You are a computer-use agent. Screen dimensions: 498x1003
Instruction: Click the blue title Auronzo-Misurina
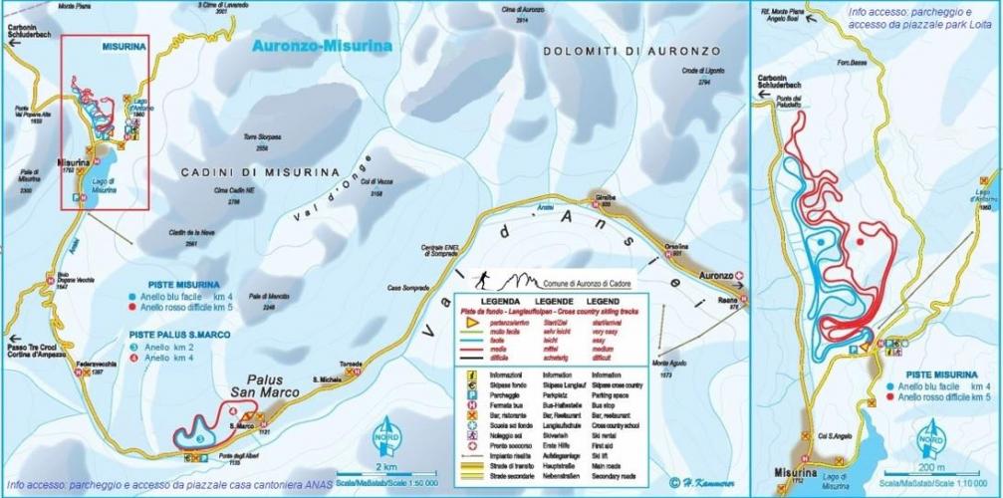[x=322, y=46]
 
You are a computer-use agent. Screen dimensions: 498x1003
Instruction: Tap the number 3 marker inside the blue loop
[x=199, y=438]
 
